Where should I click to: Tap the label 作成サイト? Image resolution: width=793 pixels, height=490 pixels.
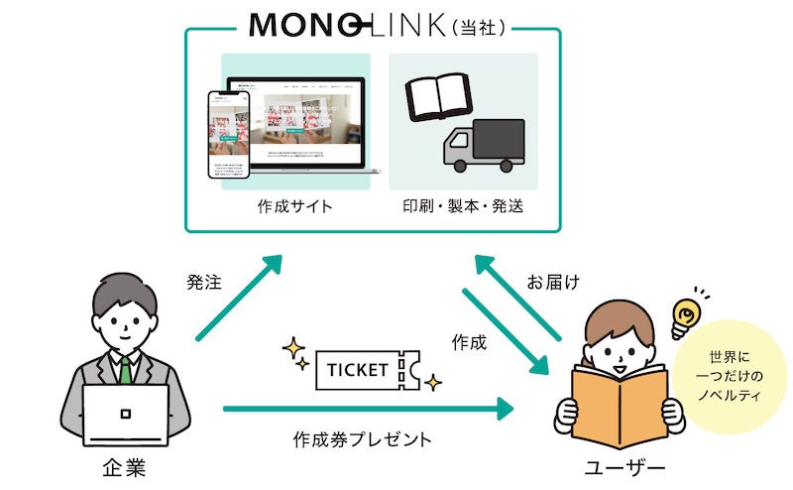pos(295,207)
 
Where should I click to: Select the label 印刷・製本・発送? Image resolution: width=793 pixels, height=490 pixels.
pos(463,207)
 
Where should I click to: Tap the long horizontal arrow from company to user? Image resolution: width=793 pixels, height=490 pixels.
pos(367,408)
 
